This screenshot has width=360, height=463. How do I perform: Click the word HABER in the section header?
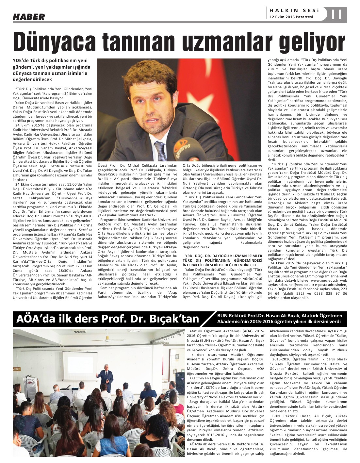point(29,17)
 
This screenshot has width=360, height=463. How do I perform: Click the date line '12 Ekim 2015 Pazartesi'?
point(291,17)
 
